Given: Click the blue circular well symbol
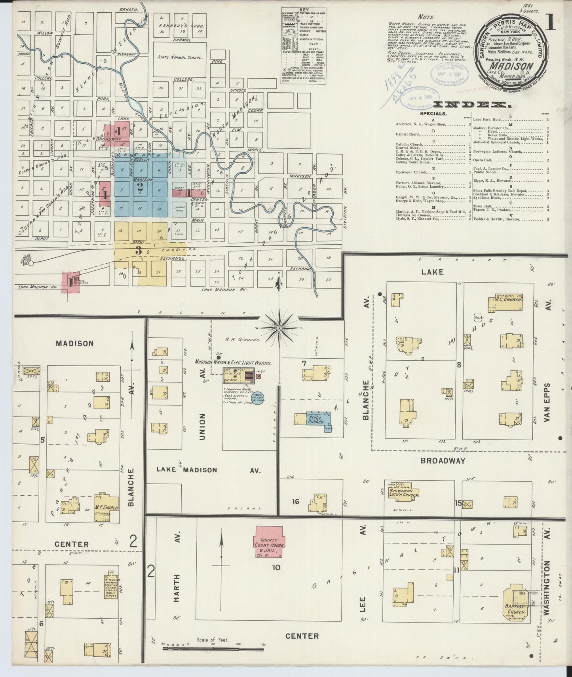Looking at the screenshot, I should click(258, 398).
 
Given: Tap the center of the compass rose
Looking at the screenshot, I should click(279, 328).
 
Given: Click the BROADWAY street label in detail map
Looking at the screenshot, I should click(443, 461).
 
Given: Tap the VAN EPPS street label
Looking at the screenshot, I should click(547, 402).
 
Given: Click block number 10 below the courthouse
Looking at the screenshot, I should click(276, 567).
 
